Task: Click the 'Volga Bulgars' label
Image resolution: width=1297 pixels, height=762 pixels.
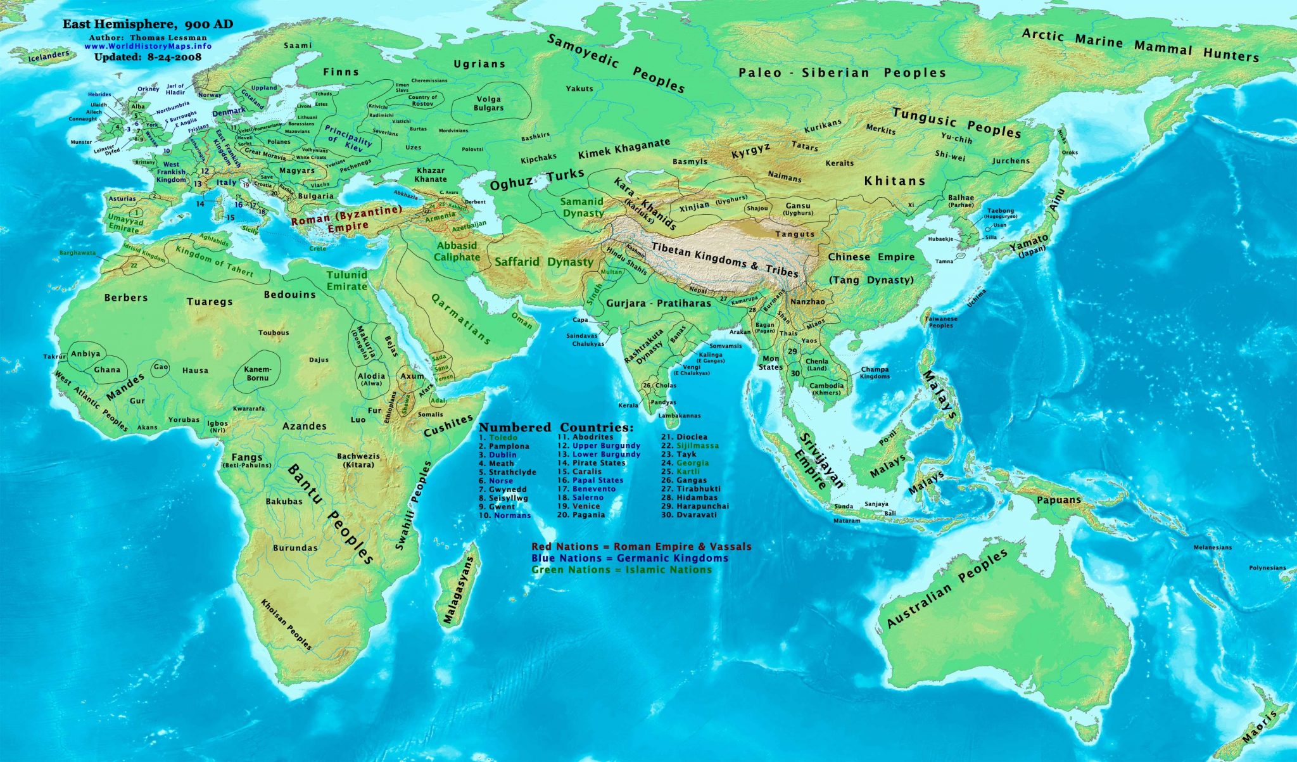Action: pyautogui.click(x=488, y=103)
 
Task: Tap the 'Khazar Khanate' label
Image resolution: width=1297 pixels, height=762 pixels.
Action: pyautogui.click(x=430, y=175)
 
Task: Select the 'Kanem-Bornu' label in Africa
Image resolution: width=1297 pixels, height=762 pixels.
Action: pyautogui.click(x=257, y=374)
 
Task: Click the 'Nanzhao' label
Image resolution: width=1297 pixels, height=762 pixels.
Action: pyautogui.click(x=807, y=302)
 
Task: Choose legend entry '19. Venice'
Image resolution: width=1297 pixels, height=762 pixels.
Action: pyautogui.click(x=578, y=506)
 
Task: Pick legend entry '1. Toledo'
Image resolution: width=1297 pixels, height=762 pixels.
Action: pyautogui.click(x=498, y=438)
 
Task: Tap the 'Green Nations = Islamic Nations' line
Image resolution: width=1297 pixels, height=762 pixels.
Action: pyautogui.click(x=621, y=569)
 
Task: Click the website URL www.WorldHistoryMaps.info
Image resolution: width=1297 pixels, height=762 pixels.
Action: pyautogui.click(x=148, y=46)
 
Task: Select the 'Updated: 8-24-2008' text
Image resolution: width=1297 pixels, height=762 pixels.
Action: pyautogui.click(x=148, y=56)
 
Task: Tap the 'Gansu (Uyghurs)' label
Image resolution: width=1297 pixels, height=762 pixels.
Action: pyautogui.click(x=797, y=209)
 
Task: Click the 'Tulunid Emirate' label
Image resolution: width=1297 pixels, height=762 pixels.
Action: pyautogui.click(x=346, y=281)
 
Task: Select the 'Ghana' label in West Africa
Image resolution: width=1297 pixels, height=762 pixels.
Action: pyautogui.click(x=107, y=369)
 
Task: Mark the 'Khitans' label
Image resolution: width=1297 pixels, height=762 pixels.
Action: pyautogui.click(x=894, y=181)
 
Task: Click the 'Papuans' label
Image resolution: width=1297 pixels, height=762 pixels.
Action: pyautogui.click(x=1059, y=500)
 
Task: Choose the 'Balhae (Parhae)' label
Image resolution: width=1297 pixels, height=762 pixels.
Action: pyautogui.click(x=961, y=201)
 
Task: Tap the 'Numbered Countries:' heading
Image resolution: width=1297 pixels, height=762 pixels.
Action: pyautogui.click(x=555, y=427)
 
